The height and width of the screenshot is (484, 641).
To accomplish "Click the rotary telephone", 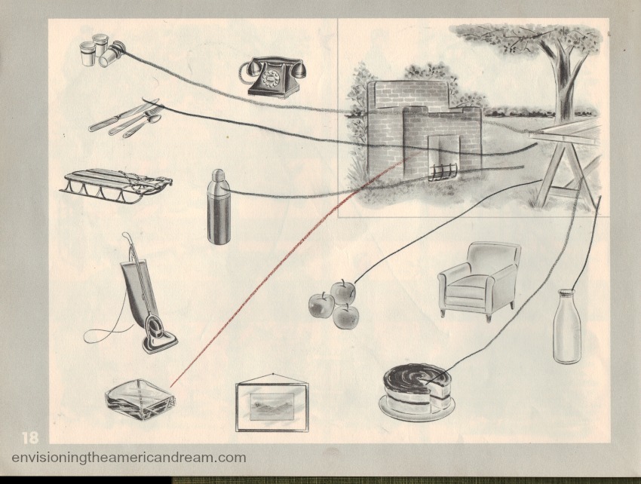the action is [x=271, y=77].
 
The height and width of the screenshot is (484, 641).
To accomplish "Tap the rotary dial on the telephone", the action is [x=271, y=76].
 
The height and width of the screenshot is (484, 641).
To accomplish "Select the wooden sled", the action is [x=117, y=187].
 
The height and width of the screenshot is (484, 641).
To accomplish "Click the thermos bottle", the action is [x=218, y=207].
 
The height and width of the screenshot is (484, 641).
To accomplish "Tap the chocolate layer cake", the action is [x=416, y=391].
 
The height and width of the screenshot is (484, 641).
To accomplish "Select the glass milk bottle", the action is [x=567, y=326].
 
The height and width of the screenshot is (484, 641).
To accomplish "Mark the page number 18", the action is [x=30, y=438].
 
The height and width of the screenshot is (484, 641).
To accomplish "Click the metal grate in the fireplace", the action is [x=443, y=172].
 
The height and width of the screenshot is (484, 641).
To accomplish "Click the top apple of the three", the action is [x=342, y=292].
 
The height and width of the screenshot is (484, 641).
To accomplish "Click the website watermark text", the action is [x=129, y=457].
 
